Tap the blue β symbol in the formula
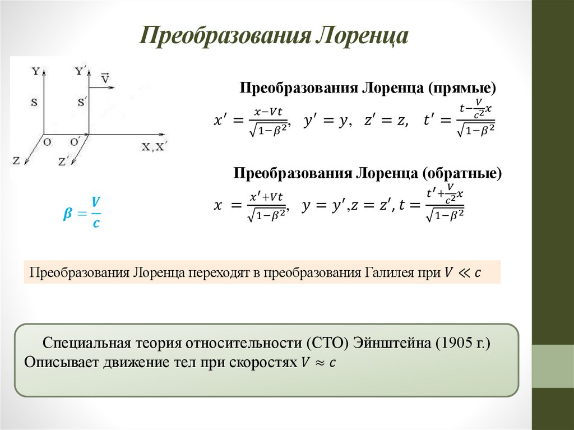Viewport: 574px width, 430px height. [68, 214]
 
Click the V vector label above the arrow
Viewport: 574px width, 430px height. [105, 77]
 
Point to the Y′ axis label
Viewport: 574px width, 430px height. [81, 71]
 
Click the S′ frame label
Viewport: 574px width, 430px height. [82, 102]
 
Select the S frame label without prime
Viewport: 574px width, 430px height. [35, 102]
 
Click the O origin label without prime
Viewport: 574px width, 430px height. [47, 142]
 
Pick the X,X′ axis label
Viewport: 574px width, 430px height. [154, 147]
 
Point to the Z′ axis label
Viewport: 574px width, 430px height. [64, 160]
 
